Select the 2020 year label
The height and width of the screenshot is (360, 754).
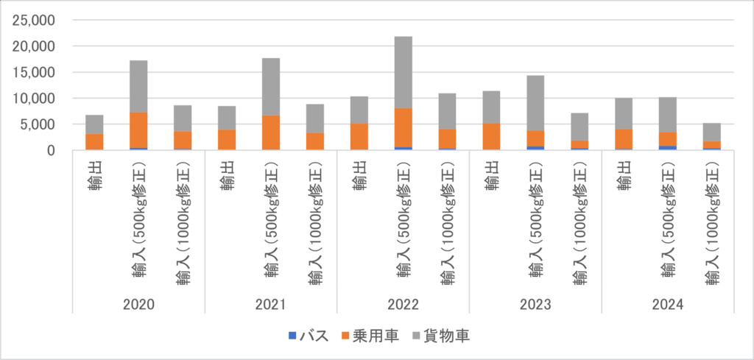138,304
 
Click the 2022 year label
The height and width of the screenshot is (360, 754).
403,304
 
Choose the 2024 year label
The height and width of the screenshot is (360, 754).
668,304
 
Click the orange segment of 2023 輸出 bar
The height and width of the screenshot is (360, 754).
491,136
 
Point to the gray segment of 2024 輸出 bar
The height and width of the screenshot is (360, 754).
624,113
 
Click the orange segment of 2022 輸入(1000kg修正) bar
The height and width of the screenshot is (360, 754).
447,138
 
